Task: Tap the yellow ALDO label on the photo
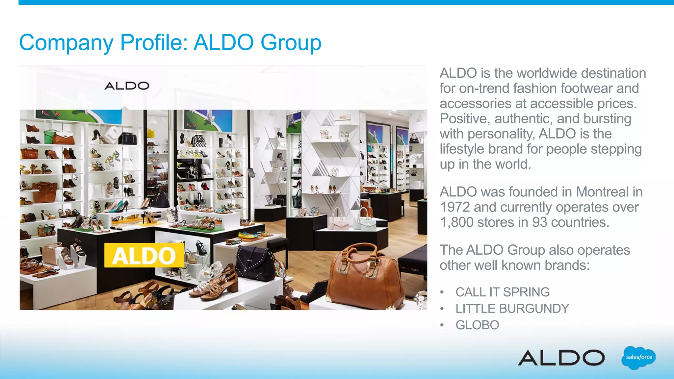[144, 255]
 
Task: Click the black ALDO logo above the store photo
[127, 86]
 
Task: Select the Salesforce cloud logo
[638, 358]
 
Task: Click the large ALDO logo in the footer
[561, 358]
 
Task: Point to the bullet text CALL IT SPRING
[503, 292]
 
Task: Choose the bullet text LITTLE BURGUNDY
[512, 309]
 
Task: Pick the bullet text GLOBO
[477, 325]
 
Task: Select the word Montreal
[602, 192]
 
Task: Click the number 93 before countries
[540, 222]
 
